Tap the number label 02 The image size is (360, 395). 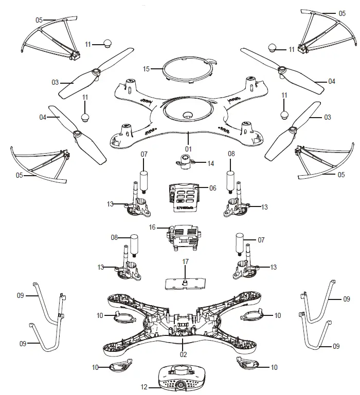tap(183, 354)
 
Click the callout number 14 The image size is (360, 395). tap(211, 164)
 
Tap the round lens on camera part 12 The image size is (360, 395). tap(182, 384)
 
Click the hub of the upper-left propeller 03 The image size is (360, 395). tap(96, 73)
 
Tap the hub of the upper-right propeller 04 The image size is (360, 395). tap(281, 69)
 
